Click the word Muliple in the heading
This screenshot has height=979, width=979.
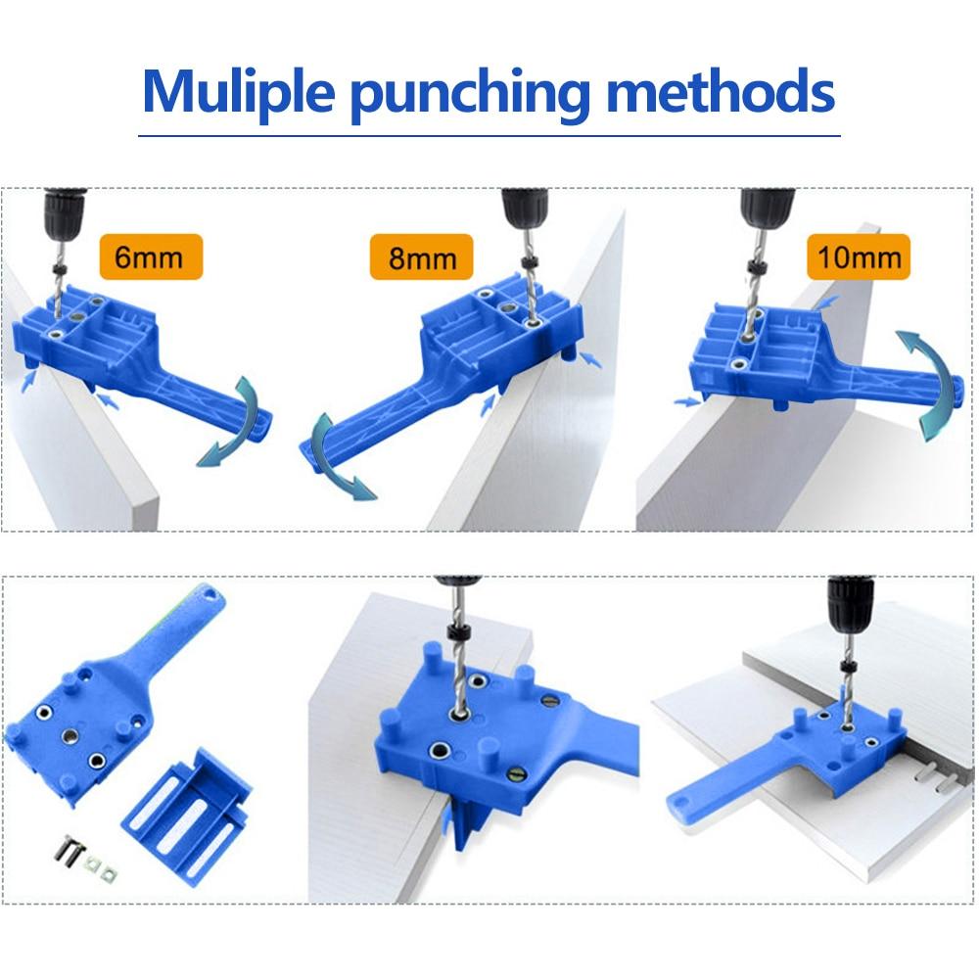(x=239, y=92)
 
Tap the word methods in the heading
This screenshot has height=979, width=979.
(x=721, y=90)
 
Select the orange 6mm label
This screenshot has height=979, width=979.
(x=151, y=256)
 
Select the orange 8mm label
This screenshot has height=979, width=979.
(x=421, y=256)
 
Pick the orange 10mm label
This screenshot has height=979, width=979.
(x=859, y=256)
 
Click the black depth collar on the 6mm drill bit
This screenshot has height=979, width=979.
(x=60, y=270)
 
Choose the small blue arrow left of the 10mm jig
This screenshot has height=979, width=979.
(x=687, y=401)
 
